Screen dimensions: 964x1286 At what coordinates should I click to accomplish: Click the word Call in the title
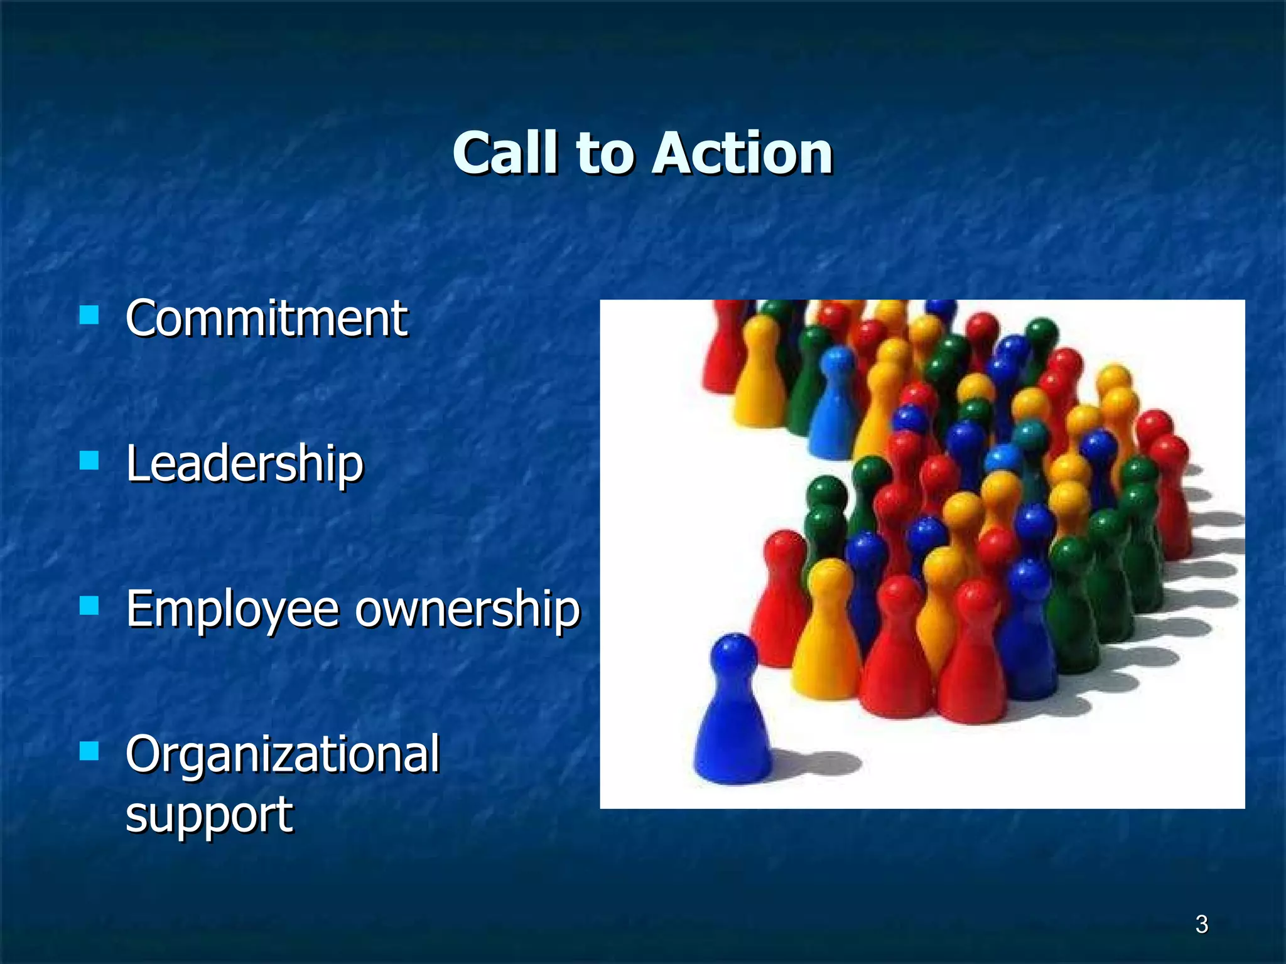[x=505, y=154]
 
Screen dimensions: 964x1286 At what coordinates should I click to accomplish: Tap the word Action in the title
[x=743, y=154]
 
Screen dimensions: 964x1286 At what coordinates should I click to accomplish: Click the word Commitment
[x=267, y=319]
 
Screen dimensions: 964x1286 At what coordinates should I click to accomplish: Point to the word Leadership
[x=245, y=464]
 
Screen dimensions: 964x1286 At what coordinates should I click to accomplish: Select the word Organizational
[x=283, y=754]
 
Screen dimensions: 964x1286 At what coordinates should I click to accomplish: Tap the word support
[x=209, y=815]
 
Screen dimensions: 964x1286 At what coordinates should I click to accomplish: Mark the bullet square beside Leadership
[x=90, y=461]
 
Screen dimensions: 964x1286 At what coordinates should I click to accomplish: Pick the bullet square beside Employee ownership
[x=90, y=606]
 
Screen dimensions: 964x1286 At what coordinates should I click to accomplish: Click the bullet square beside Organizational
[x=90, y=751]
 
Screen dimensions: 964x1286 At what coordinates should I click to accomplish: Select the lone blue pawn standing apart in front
[x=733, y=722]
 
